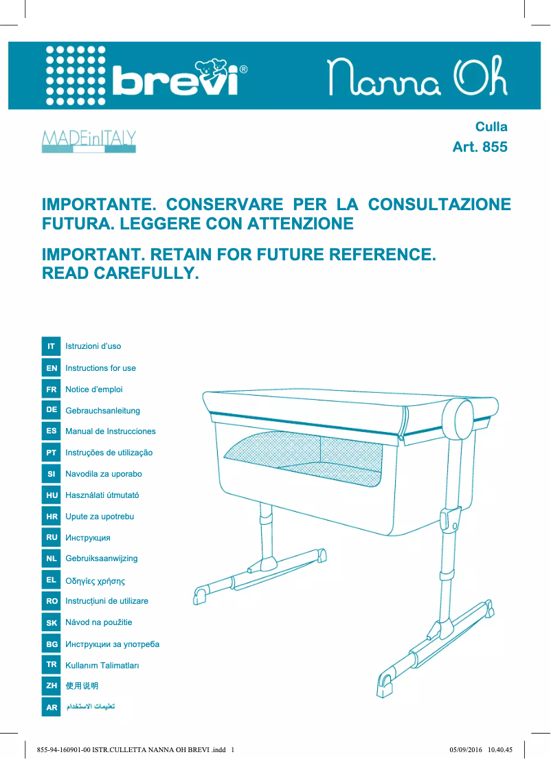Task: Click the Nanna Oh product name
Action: click(x=417, y=77)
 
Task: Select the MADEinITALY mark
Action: click(x=89, y=140)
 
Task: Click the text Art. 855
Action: click(x=480, y=147)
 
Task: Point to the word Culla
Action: click(x=491, y=127)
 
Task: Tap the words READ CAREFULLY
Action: click(x=120, y=273)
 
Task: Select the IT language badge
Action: click(x=51, y=346)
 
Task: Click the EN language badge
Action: click(x=51, y=368)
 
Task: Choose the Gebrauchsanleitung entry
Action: click(x=102, y=411)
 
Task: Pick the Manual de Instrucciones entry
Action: click(x=110, y=431)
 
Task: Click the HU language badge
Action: click(x=51, y=495)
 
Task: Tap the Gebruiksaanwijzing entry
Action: click(x=101, y=558)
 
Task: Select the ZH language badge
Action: click(x=51, y=686)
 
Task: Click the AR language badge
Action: click(x=51, y=707)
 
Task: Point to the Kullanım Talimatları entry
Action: click(x=102, y=666)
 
